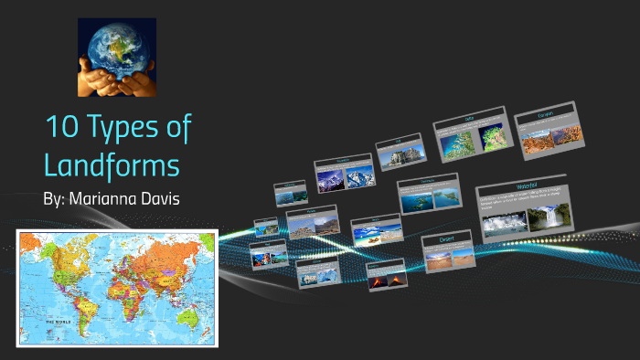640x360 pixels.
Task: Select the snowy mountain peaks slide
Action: pos(342,175)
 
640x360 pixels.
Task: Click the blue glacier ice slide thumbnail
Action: pos(317,270)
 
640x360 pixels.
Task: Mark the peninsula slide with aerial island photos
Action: pos(427,195)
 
